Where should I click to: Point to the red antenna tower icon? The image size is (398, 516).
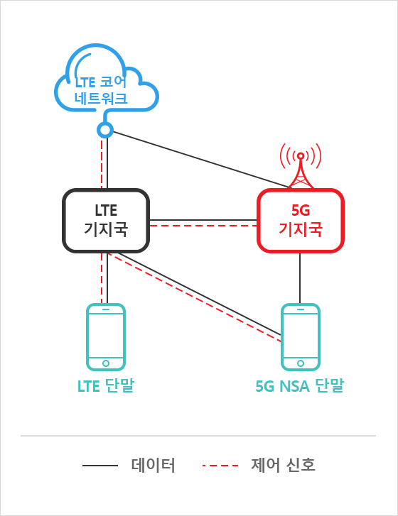(x=301, y=171)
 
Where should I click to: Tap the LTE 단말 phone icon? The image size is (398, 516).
(x=87, y=337)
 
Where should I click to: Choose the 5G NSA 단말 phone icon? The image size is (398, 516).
(x=282, y=337)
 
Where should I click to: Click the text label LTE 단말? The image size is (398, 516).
(x=106, y=385)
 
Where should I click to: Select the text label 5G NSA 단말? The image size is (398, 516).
(x=300, y=385)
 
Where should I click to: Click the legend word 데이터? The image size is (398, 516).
(x=153, y=465)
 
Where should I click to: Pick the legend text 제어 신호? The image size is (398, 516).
(x=283, y=465)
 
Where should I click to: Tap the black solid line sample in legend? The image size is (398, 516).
(x=99, y=466)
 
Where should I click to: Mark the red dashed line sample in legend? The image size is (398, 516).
(x=220, y=466)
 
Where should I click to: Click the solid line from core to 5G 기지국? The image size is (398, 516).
(x=200, y=159)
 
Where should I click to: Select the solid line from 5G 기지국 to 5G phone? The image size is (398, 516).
(x=300, y=278)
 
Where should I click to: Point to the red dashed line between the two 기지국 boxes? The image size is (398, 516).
(x=203, y=226)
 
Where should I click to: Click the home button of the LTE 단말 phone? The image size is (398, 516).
(x=106, y=363)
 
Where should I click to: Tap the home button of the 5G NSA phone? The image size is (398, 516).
(x=301, y=363)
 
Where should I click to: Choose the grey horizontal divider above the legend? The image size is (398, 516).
(x=198, y=436)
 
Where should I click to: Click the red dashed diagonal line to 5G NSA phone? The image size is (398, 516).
(x=195, y=297)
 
